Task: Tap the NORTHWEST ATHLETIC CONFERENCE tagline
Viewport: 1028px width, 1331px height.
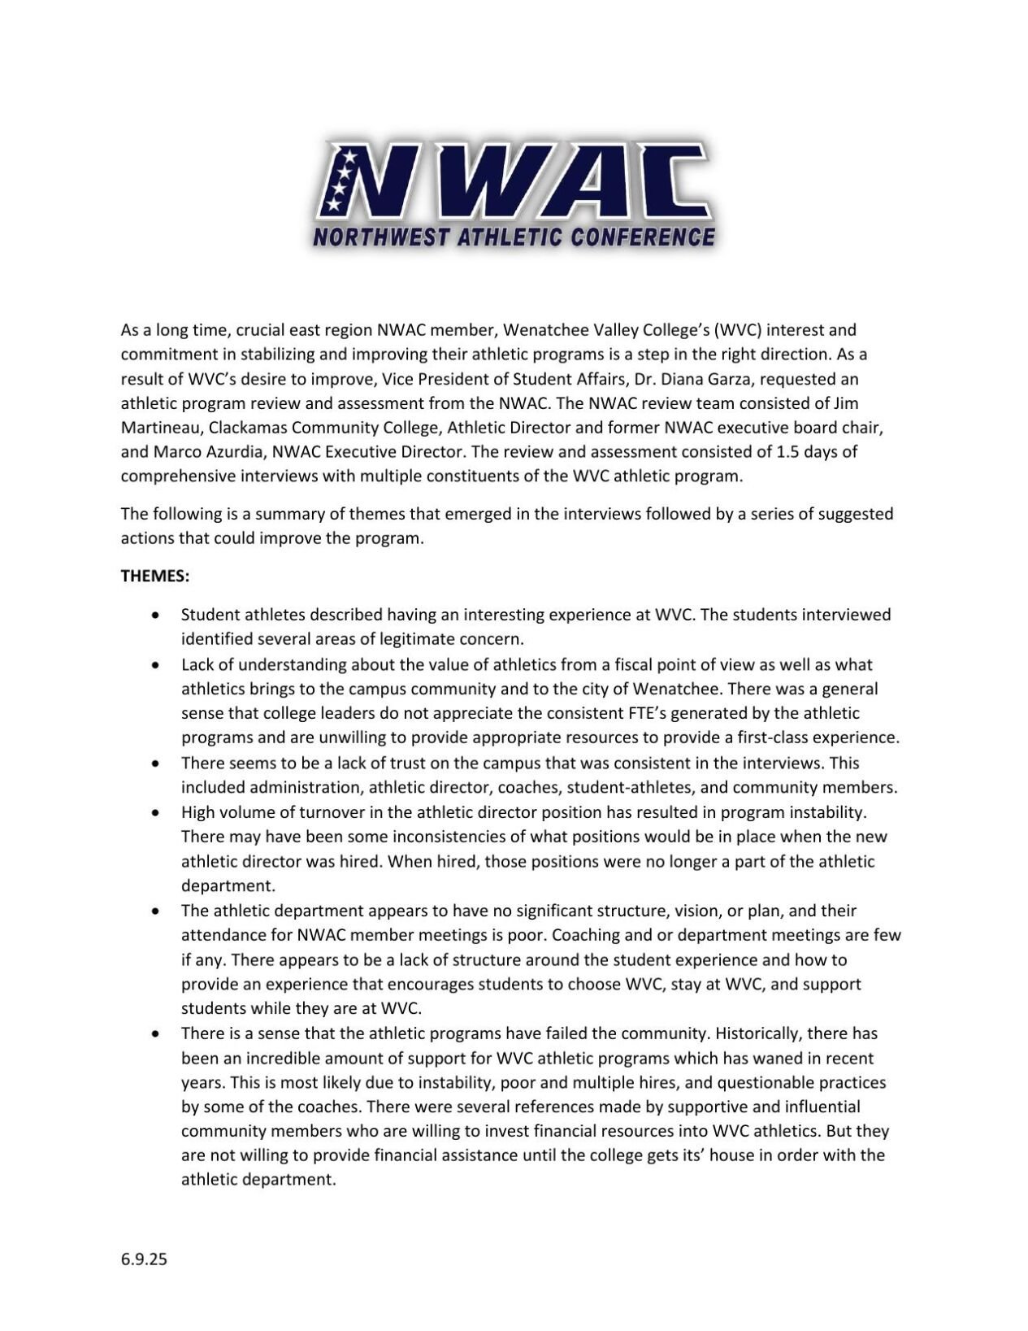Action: pyautogui.click(x=514, y=237)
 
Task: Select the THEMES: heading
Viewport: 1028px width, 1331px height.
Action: pyautogui.click(x=155, y=576)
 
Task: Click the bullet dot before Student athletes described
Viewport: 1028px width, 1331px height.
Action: pyautogui.click(x=155, y=615)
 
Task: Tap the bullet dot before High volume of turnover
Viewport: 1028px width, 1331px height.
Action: pyautogui.click(x=155, y=812)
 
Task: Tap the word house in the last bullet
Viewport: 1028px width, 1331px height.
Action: pyautogui.click(x=731, y=1155)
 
